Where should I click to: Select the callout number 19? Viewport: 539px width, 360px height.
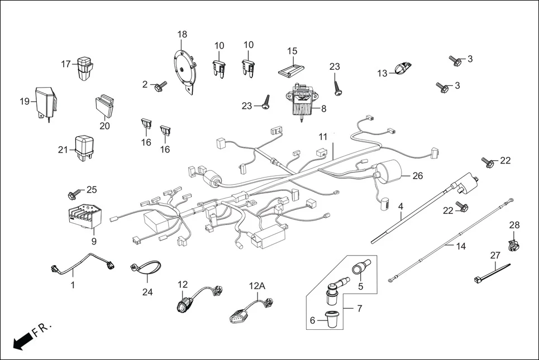click(25, 102)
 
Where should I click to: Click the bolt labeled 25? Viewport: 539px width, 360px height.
click(73, 194)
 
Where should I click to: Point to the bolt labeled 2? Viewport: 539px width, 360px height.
click(161, 87)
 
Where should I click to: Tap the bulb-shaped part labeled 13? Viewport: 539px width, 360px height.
click(400, 69)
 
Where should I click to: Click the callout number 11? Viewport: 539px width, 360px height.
click(323, 136)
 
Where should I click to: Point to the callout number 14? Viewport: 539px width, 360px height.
click(460, 246)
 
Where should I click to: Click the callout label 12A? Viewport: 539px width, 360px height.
click(256, 286)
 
